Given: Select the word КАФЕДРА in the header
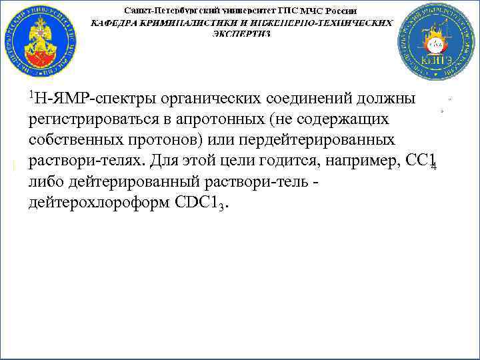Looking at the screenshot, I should pyautogui.click(x=116, y=22).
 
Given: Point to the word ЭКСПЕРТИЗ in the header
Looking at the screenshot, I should pyautogui.click(x=241, y=33).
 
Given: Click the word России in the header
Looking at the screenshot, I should pyautogui.click(x=341, y=11).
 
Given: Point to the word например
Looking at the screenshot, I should pyautogui.click(x=360, y=161).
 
